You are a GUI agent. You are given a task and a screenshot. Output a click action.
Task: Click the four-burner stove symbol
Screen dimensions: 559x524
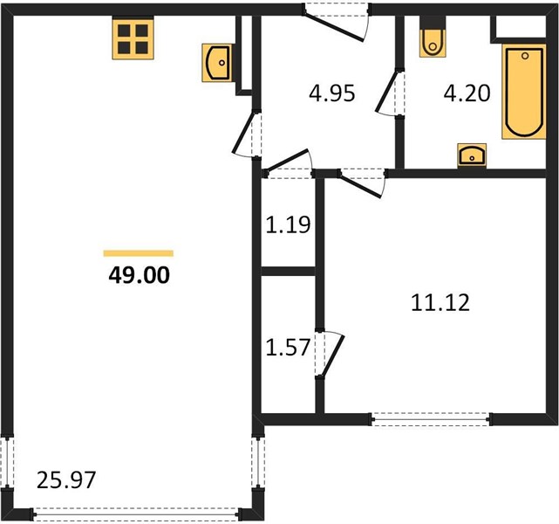pos(133,39)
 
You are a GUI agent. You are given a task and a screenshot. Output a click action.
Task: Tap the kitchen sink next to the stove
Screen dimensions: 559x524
pos(217,63)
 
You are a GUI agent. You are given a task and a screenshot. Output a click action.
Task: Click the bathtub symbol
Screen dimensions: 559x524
pos(524,92)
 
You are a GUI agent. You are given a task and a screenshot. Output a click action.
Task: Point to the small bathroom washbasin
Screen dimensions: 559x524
pos(472,155)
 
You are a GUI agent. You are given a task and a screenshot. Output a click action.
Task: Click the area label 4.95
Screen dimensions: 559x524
pos(332,93)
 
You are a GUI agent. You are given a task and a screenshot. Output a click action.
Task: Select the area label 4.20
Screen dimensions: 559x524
pos(467,93)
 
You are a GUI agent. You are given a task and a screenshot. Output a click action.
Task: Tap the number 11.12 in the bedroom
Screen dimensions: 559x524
pos(440,303)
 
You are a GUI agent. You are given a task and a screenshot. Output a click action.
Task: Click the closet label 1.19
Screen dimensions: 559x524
pos(288,224)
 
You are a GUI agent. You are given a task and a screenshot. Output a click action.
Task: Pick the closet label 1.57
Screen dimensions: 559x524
pos(287,348)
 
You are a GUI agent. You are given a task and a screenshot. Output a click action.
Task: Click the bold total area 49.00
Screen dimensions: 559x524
pos(139,276)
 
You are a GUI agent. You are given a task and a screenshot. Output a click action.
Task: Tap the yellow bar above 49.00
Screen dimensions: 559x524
pos(139,253)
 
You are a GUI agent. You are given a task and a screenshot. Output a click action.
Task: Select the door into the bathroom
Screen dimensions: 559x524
pos(391,93)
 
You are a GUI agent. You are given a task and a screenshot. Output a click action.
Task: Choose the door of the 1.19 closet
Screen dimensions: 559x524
pos(289,163)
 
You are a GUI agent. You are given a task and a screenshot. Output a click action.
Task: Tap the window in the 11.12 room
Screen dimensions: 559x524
pos(431,419)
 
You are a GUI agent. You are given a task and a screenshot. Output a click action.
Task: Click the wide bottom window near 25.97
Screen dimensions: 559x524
pos(137,514)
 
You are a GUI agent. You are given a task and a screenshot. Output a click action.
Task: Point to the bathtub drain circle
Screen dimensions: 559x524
pos(525,56)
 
